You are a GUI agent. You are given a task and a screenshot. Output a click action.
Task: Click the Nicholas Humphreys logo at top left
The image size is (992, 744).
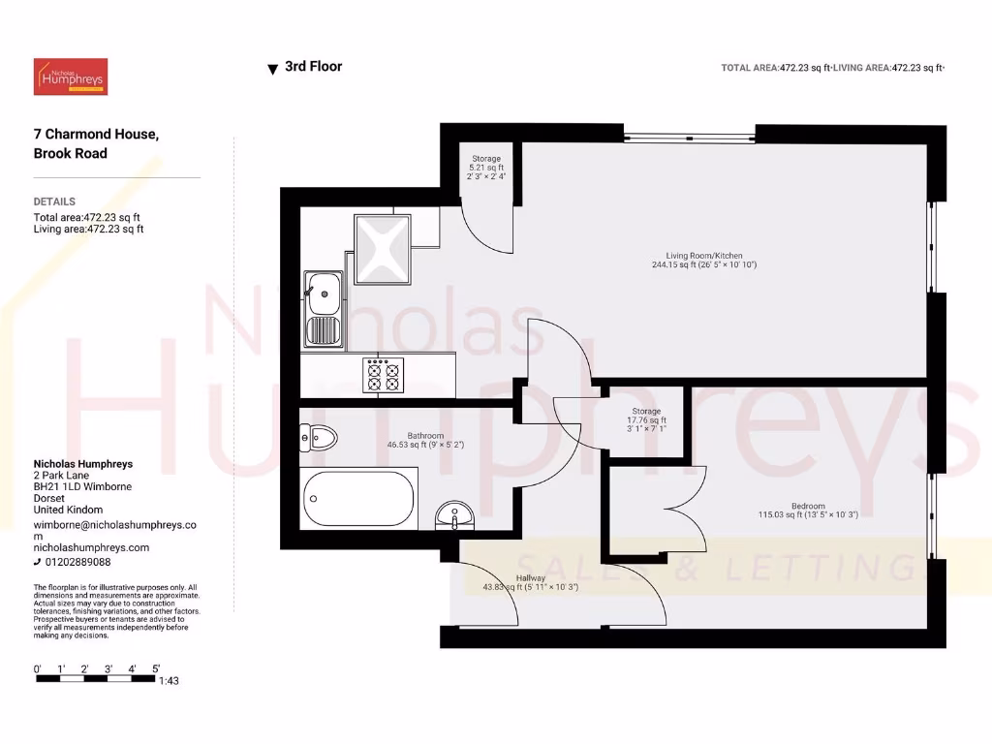71,77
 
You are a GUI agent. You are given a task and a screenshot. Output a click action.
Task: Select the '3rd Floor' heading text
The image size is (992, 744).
313,67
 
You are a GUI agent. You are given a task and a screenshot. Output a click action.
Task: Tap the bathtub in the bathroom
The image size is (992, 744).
358,498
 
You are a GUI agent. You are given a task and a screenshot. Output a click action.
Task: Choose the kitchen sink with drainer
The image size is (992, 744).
323,309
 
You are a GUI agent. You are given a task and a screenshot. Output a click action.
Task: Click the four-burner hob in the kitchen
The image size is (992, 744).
381,375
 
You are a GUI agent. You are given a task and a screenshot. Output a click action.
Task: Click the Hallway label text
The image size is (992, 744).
530,578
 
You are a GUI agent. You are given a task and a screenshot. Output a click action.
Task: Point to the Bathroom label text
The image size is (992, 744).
425,436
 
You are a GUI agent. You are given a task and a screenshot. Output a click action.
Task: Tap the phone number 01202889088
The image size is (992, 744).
77,562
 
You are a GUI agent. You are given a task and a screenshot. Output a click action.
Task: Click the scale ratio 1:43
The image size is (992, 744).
169,681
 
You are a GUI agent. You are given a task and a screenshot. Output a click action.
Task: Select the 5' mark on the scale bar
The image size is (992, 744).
156,668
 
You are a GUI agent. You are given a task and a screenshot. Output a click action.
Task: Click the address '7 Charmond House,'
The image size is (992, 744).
96,134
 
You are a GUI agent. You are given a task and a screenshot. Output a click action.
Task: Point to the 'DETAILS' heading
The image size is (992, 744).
54,201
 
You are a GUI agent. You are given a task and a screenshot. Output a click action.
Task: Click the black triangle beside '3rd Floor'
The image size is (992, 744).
272,69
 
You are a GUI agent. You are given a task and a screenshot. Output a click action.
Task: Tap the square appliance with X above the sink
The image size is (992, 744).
382,249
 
